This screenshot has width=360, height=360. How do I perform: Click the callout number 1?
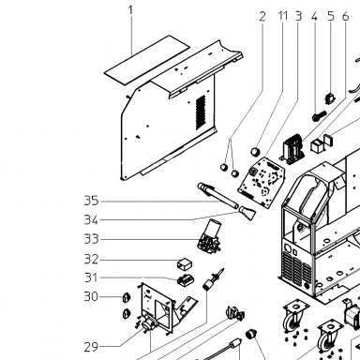point(130,10)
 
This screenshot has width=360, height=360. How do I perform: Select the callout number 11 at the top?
point(283,16)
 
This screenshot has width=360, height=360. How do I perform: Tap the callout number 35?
point(91,201)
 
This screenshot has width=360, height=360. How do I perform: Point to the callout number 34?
point(91,220)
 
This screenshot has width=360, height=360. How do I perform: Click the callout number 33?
point(91,239)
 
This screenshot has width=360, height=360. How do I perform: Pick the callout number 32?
point(91,259)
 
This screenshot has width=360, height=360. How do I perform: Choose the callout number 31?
point(91,277)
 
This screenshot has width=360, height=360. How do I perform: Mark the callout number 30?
point(91,296)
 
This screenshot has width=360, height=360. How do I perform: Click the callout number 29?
point(91,347)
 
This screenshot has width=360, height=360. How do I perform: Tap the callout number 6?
point(345,16)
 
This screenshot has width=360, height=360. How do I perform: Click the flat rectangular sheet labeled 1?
point(147,59)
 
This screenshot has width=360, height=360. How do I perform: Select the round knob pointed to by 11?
point(256,152)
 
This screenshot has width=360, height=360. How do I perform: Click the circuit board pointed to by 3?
point(262,182)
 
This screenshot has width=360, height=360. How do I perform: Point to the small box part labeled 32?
point(185,264)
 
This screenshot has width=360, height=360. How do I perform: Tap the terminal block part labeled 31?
point(185,279)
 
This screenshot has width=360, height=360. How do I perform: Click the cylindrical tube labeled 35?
point(217,196)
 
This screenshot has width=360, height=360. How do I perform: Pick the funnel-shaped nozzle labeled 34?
point(247,213)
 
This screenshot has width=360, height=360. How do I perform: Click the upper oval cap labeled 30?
point(127,298)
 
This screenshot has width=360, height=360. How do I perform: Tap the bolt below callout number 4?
point(319,116)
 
